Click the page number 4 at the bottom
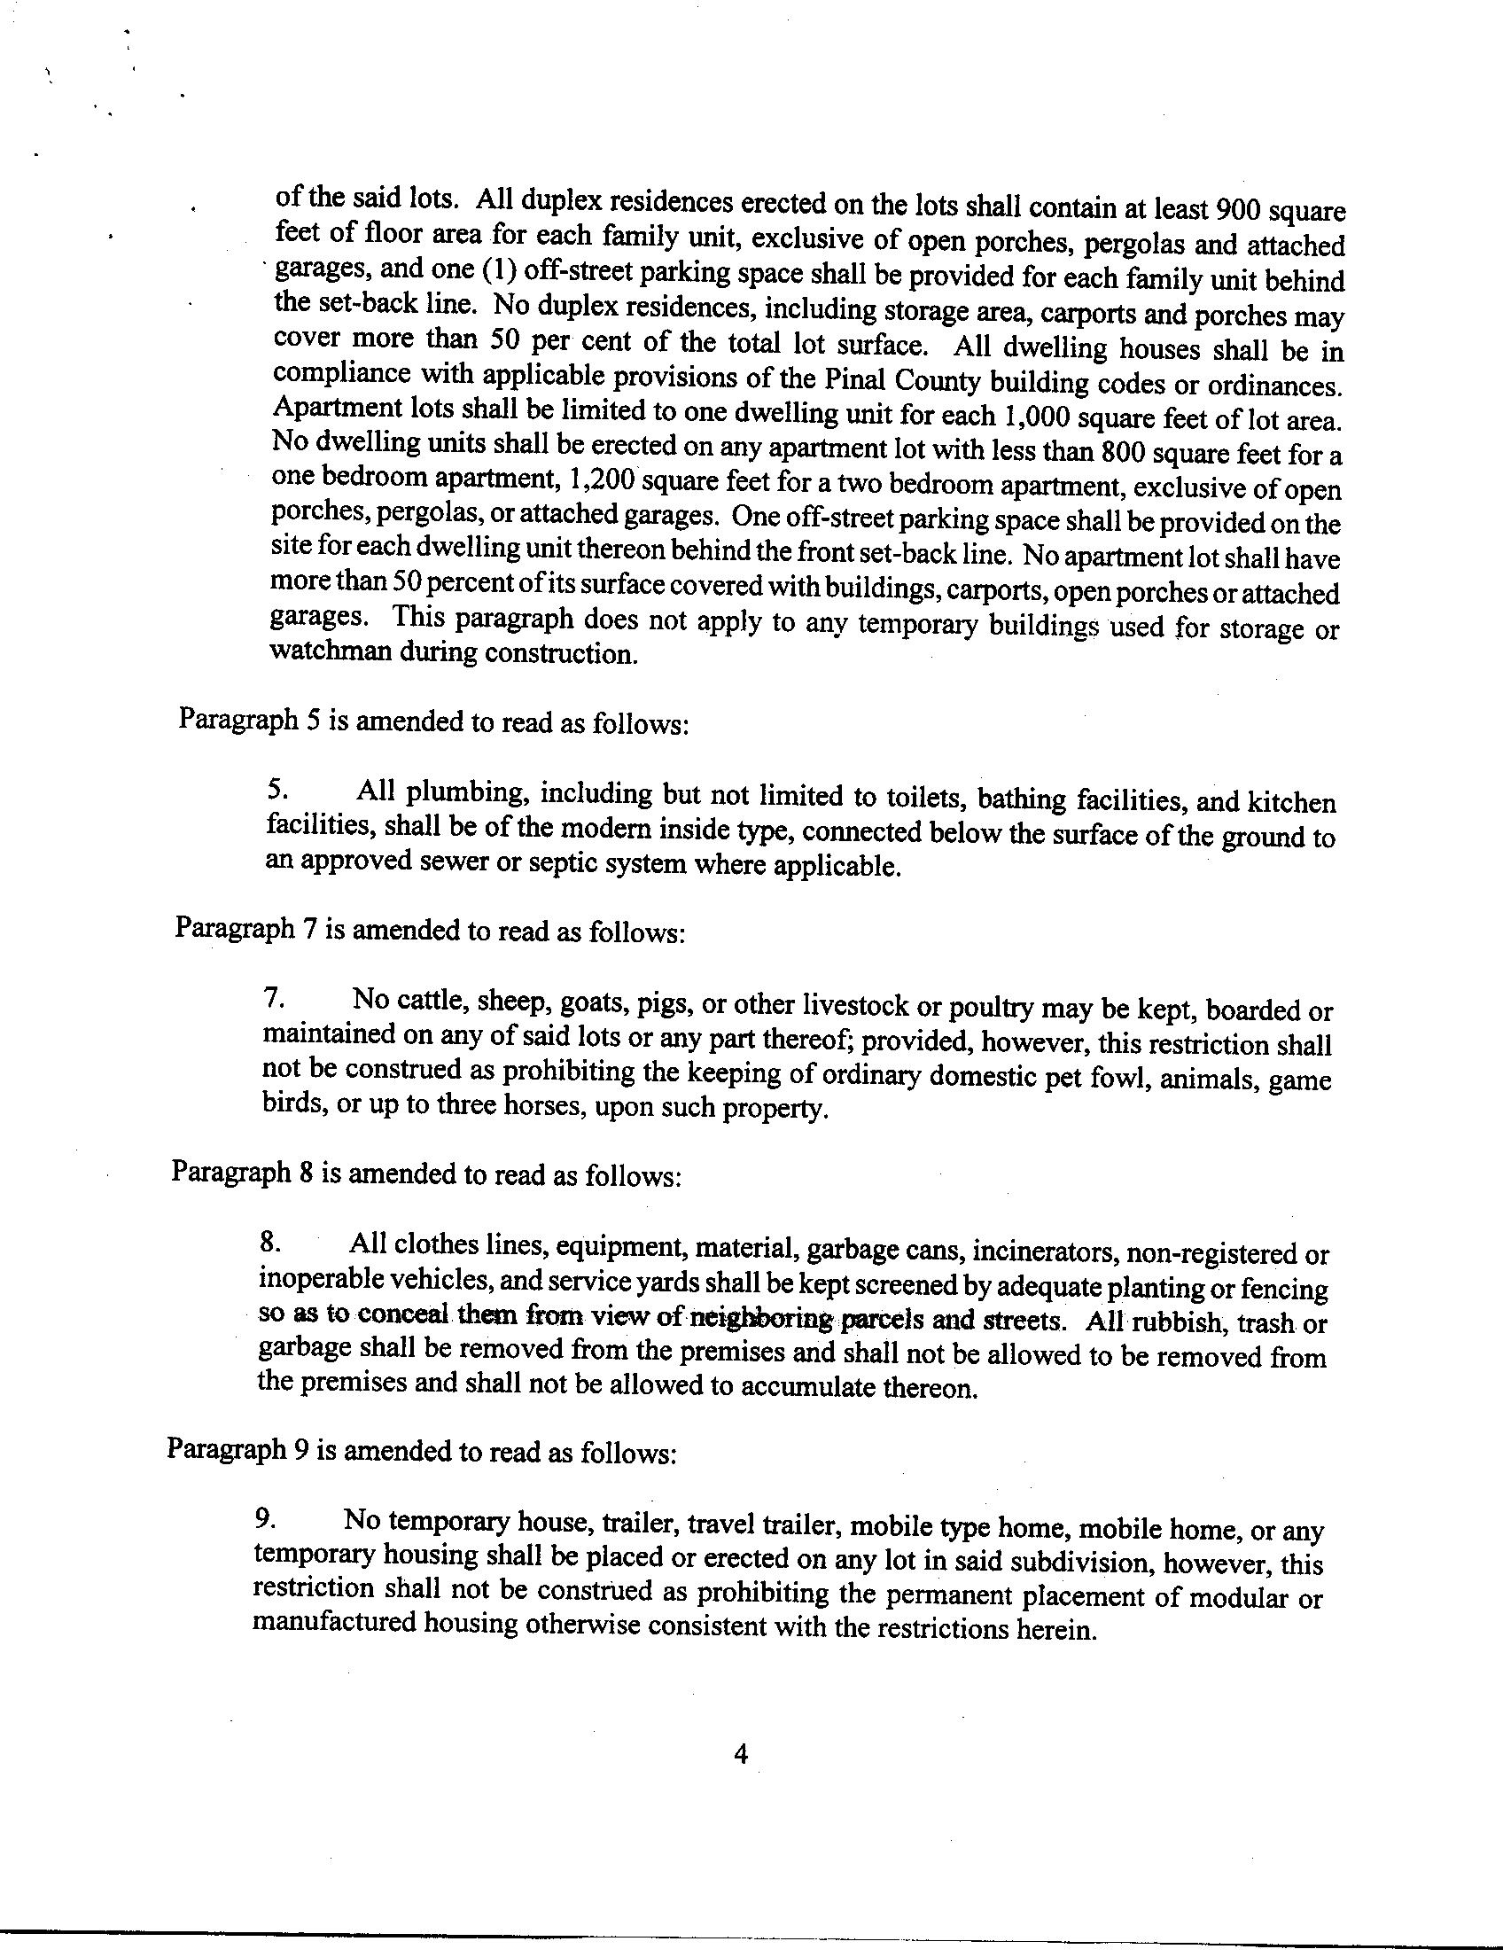(x=740, y=1778)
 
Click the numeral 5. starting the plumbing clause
(x=277, y=789)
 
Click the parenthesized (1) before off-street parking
(x=502, y=270)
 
